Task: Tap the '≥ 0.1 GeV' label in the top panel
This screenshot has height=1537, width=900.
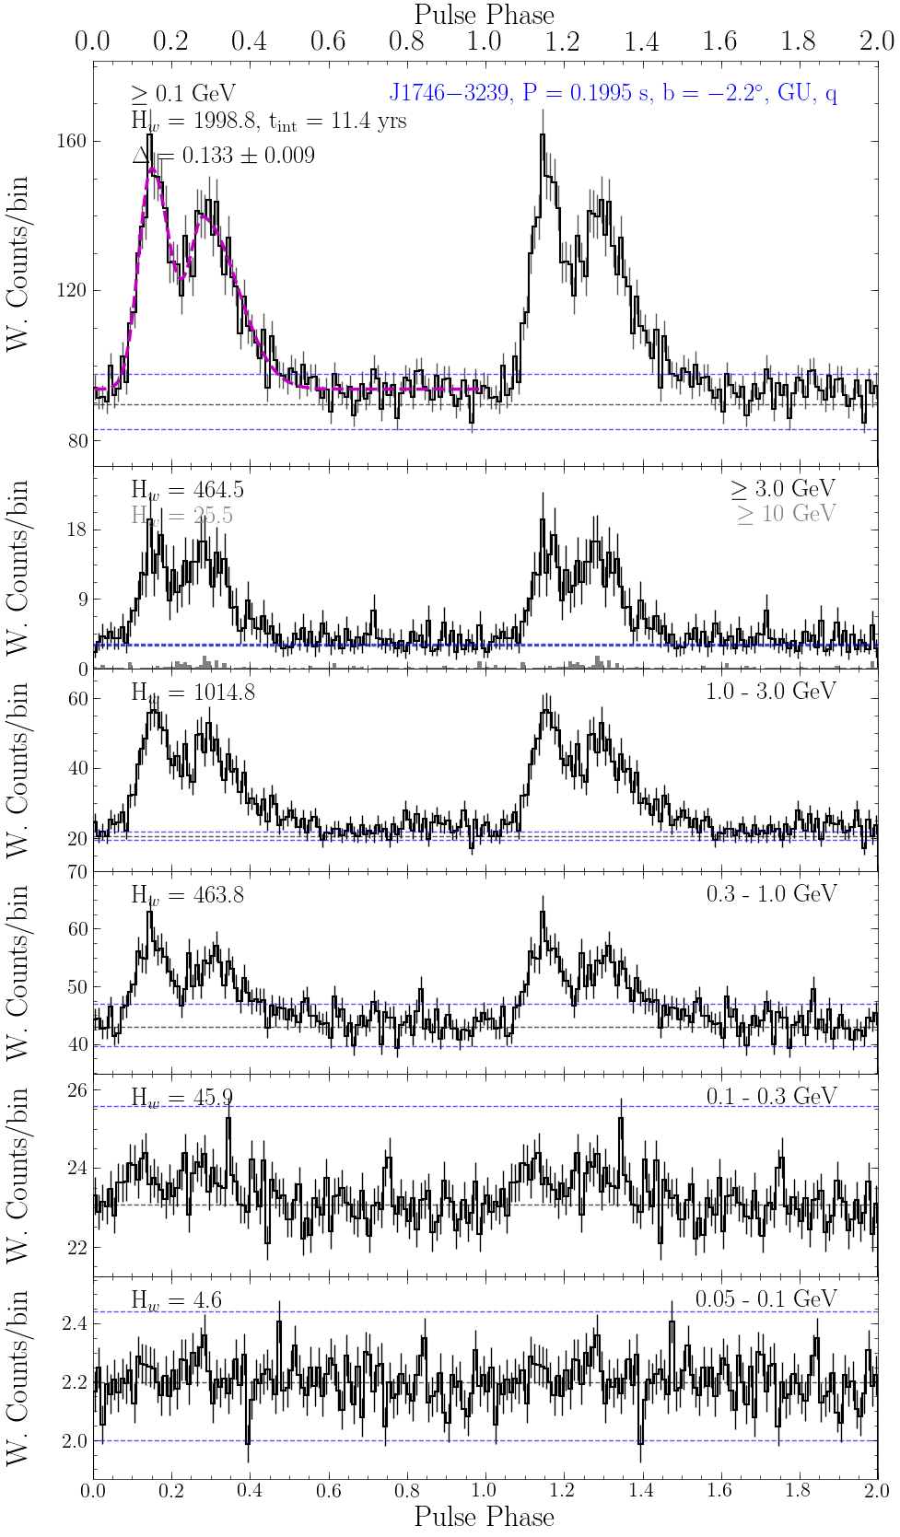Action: [183, 94]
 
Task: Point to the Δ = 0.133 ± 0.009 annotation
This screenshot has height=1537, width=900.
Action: [224, 156]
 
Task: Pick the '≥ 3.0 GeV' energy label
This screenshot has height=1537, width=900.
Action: [784, 489]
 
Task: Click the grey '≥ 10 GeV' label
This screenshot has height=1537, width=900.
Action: [787, 514]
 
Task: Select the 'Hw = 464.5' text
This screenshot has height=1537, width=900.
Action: [188, 490]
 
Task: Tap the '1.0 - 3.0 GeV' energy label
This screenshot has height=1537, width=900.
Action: [771, 692]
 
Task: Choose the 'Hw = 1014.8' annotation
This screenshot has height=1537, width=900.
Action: [193, 693]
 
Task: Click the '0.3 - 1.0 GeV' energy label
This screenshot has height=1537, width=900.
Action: [771, 894]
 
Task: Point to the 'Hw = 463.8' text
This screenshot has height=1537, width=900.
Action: [188, 895]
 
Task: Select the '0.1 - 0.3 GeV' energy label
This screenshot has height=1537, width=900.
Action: [771, 1097]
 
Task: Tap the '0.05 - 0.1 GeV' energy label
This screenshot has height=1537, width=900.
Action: [766, 1299]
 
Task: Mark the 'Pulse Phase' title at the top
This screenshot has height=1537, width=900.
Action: [485, 15]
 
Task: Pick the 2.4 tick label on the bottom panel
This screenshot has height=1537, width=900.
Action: [76, 1324]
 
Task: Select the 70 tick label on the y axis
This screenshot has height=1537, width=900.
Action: [77, 871]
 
